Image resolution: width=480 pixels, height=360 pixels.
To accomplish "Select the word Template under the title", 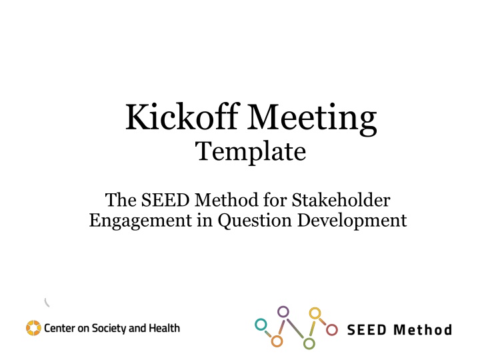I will pos(251,154).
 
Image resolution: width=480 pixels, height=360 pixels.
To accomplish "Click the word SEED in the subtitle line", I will pos(159,199).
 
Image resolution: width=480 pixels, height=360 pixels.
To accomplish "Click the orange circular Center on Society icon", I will pos(33,328).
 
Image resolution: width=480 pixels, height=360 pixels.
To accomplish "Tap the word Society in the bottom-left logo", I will pos(111,328).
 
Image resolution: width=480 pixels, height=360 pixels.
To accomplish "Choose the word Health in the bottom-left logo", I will pos(165,328).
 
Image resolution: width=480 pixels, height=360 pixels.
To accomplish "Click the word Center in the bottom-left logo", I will pos(61,328).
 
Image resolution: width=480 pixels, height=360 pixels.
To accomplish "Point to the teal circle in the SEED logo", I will pos(261,325).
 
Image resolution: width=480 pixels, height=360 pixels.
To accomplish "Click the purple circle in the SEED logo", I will pos(283,311).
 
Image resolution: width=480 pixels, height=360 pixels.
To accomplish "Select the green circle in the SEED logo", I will pos(309,343).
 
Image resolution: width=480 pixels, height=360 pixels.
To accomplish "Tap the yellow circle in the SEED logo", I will pos(315,313).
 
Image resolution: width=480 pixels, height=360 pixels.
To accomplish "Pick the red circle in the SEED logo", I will pos(332,329).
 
